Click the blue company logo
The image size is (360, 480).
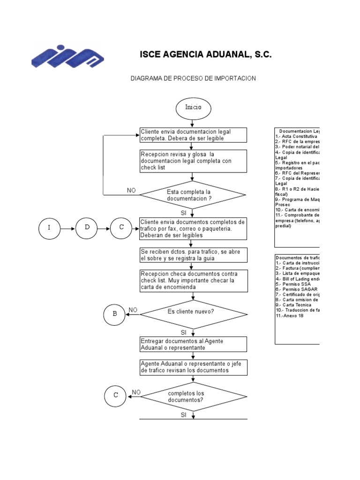tap(67, 56)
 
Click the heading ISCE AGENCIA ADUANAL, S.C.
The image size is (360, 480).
tap(206, 55)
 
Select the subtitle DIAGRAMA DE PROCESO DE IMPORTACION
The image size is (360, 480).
tap(193, 78)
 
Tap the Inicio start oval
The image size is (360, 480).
tap(193, 107)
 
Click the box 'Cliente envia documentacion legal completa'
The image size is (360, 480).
tap(194, 135)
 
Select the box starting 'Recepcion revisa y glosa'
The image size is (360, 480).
tap(194, 161)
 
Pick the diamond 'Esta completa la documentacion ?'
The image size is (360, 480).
tap(193, 195)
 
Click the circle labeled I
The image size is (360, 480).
tap(49, 228)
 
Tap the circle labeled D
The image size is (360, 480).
tap(87, 228)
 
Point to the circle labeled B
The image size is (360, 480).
tap(115, 315)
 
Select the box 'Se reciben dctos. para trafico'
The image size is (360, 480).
tap(194, 255)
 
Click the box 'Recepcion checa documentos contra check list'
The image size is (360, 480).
tap(194, 280)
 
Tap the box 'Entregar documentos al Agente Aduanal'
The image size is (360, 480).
tap(194, 344)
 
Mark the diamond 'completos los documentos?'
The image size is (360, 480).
tap(193, 396)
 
